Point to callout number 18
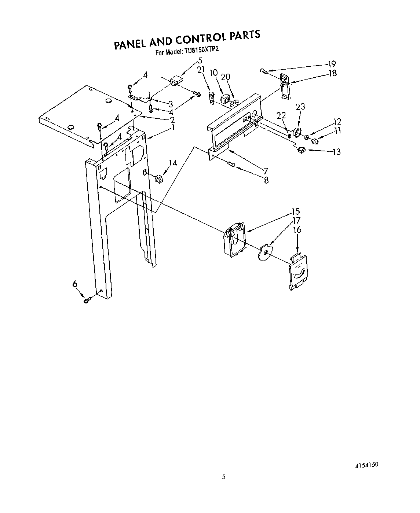point(332,73)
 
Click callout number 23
point(300,107)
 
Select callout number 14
point(172,163)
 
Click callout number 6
point(75,284)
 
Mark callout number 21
point(200,70)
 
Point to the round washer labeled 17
point(263,253)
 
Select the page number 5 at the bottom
point(224,477)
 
